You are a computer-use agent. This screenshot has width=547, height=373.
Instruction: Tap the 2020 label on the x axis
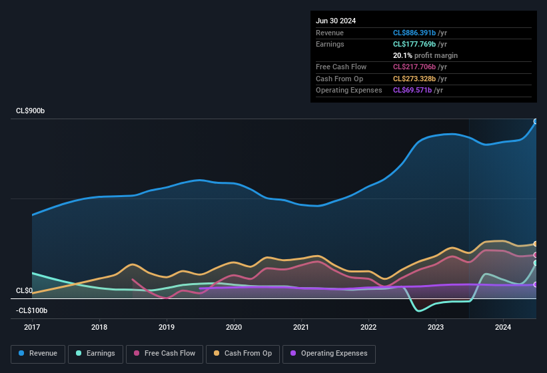(234, 327)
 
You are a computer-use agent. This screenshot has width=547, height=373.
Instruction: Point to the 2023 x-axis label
(436, 327)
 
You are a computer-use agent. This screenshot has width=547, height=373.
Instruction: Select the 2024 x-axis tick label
(503, 327)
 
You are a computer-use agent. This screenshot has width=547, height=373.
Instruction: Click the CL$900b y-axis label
(31, 111)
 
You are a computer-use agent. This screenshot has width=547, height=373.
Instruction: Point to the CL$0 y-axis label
(24, 291)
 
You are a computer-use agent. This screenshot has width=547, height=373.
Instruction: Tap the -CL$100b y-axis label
(32, 310)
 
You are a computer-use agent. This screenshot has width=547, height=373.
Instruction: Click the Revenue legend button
(38, 354)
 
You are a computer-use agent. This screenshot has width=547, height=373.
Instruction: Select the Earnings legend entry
(95, 354)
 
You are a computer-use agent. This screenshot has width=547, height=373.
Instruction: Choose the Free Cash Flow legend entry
(165, 354)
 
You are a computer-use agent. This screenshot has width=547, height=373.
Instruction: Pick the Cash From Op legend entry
(243, 354)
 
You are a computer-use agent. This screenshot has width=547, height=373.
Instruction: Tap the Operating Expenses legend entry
(329, 354)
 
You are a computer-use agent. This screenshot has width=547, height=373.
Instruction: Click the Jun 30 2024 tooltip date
(336, 21)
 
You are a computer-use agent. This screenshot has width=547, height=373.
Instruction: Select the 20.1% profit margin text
(425, 55)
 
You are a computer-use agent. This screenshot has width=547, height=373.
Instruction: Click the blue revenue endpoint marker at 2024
(535, 121)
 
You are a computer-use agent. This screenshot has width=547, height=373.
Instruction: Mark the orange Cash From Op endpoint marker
(535, 244)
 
